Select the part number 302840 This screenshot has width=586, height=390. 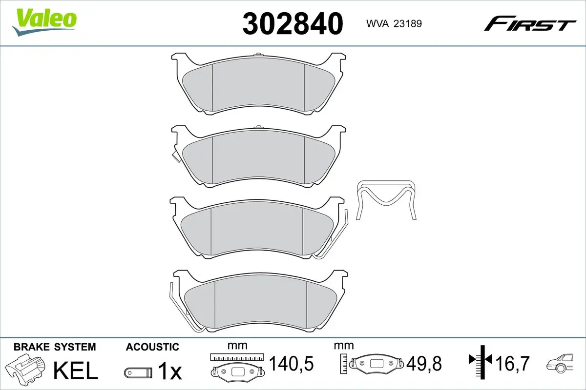point(293,23)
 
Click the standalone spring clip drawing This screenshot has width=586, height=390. point(387,200)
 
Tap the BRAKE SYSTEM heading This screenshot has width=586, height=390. point(55,347)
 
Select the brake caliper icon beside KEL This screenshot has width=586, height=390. point(26,370)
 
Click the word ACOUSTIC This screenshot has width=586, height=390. point(152,347)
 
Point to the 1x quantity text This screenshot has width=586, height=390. point(169,372)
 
